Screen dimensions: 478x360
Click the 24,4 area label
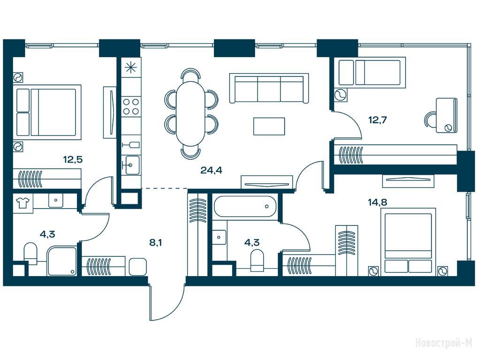click(x=211, y=170)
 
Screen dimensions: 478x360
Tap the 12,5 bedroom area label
click(x=73, y=159)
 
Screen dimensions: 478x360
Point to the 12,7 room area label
click(x=378, y=120)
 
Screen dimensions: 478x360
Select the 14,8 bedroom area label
click(x=378, y=202)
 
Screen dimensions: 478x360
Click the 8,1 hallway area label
click(x=155, y=242)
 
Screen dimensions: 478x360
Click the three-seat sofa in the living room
click(x=269, y=88)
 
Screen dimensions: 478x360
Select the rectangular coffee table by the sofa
click(x=269, y=126)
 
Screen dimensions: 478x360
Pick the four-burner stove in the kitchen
click(x=130, y=106)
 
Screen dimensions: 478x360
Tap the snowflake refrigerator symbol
click(x=131, y=67)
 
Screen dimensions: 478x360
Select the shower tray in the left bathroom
click(x=62, y=261)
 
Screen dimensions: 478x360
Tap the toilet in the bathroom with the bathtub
click(x=257, y=261)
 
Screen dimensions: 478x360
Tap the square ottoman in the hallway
click(x=138, y=267)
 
